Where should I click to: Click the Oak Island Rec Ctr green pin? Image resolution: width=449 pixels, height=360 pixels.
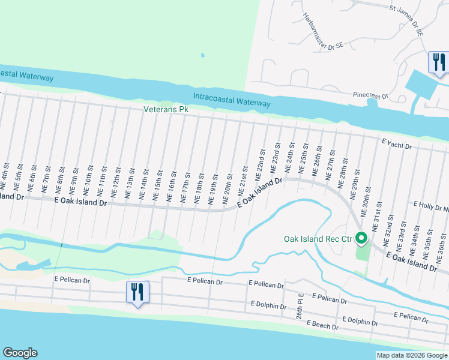[361, 239]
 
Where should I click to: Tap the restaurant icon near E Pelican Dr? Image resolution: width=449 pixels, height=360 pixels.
[137, 293]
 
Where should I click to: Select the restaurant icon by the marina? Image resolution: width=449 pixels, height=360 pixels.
[439, 62]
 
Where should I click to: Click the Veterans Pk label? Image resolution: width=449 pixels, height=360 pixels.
[166, 110]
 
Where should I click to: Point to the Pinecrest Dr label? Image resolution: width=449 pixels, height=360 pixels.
[370, 95]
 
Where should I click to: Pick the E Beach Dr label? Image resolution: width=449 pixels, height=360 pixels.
[322, 325]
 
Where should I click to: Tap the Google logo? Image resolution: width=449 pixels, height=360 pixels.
[20, 353]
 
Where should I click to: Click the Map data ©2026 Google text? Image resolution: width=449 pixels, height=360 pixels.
[411, 355]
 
